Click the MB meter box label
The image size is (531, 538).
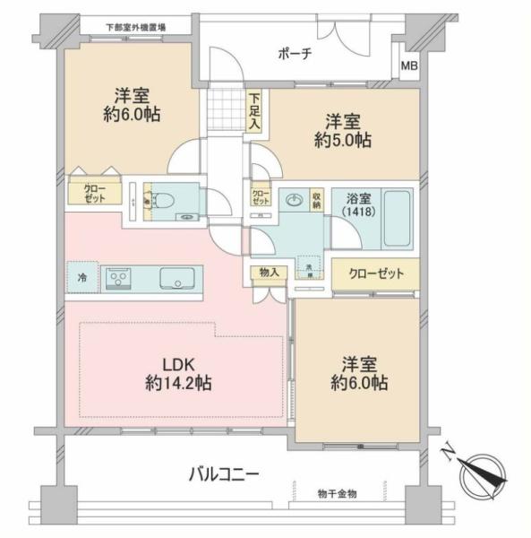[x=408, y=66]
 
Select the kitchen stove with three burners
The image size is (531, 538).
[x=120, y=280]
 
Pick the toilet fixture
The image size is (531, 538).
[x=160, y=201]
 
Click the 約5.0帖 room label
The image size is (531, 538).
[x=341, y=131]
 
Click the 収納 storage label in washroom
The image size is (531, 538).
[x=317, y=200]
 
